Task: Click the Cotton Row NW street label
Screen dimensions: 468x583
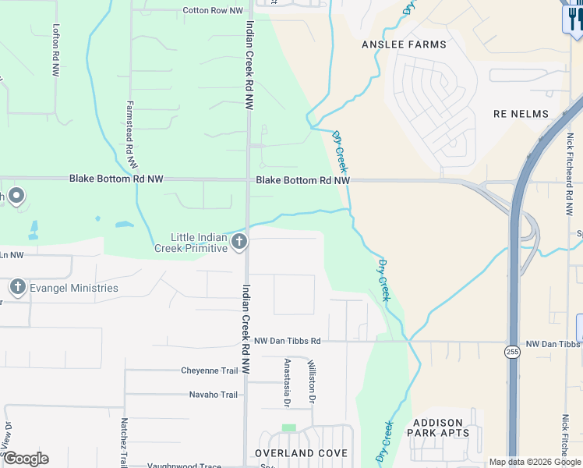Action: pos(213,11)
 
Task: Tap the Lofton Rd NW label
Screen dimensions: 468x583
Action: pos(55,49)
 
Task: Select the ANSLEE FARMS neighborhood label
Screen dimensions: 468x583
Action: pos(405,44)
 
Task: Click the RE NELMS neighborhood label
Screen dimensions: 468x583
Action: pos(521,114)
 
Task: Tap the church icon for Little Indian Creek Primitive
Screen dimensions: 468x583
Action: pos(239,242)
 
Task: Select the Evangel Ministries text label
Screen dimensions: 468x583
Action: pos(74,288)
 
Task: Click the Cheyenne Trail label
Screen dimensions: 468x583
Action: pos(209,370)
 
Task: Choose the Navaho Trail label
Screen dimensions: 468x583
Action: pos(213,395)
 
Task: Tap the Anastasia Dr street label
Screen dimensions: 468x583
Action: pos(287,382)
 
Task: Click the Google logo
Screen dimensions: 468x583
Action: pos(26,459)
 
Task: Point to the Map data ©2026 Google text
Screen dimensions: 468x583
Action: pos(535,462)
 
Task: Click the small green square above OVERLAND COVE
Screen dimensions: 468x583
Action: pos(289,428)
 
